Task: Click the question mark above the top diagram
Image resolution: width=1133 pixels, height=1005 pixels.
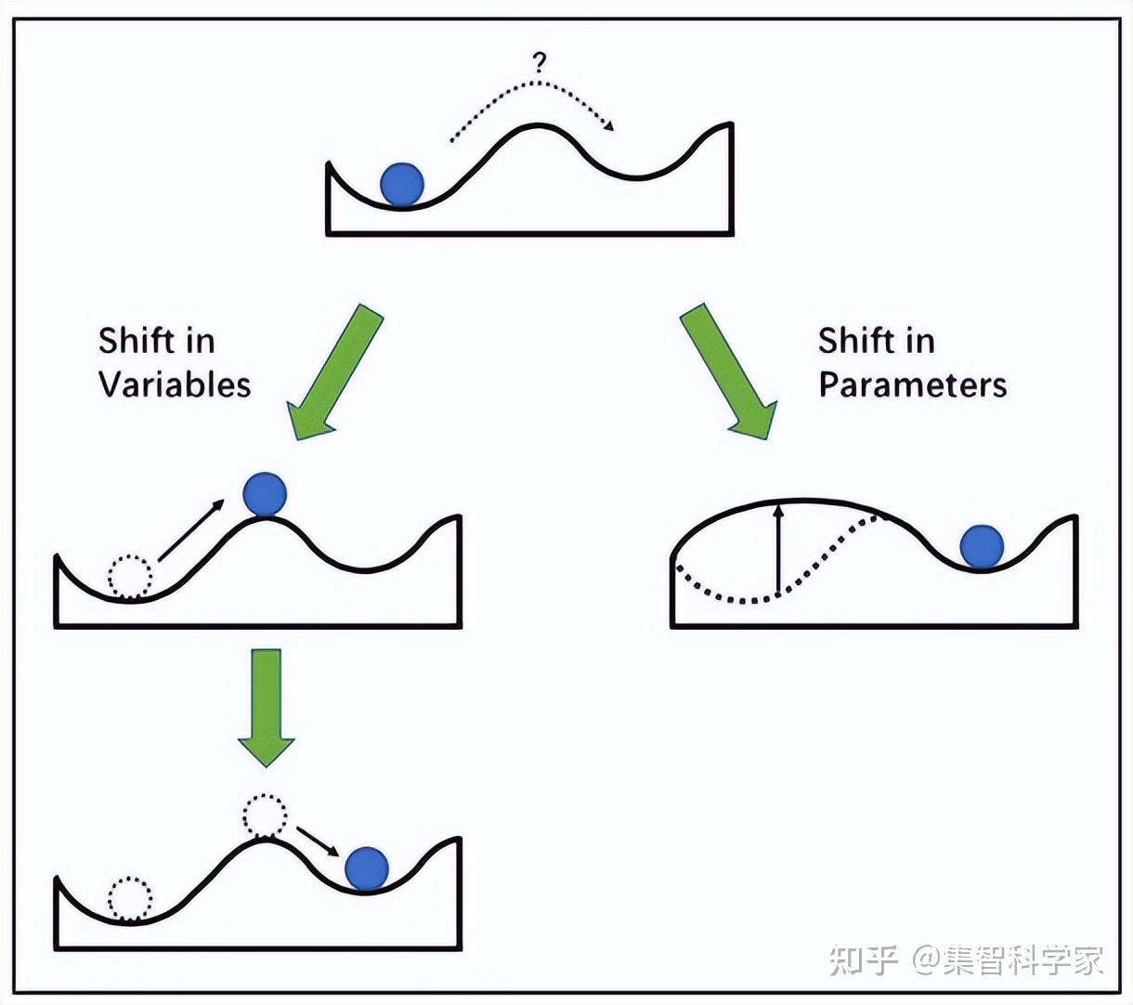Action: pyautogui.click(x=540, y=62)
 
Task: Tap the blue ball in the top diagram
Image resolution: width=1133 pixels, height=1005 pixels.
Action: pyautogui.click(x=402, y=183)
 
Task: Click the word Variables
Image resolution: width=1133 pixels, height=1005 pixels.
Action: pyautogui.click(x=175, y=385)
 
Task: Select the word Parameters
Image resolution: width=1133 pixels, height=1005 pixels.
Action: pyautogui.click(x=912, y=385)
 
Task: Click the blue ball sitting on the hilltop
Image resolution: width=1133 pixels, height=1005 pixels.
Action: pyautogui.click(x=266, y=494)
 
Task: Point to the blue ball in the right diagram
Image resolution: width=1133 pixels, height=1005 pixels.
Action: pyautogui.click(x=982, y=546)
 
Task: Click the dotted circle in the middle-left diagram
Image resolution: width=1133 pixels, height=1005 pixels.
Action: pyautogui.click(x=131, y=577)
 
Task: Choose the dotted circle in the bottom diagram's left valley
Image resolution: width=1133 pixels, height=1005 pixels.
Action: pyautogui.click(x=130, y=898)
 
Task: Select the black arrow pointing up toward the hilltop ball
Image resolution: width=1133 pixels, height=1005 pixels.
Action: pyautogui.click(x=191, y=530)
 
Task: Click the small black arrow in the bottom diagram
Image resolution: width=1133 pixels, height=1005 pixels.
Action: pyautogui.click(x=318, y=840)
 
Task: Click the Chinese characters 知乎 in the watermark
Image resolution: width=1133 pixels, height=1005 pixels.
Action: pyautogui.click(x=864, y=959)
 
